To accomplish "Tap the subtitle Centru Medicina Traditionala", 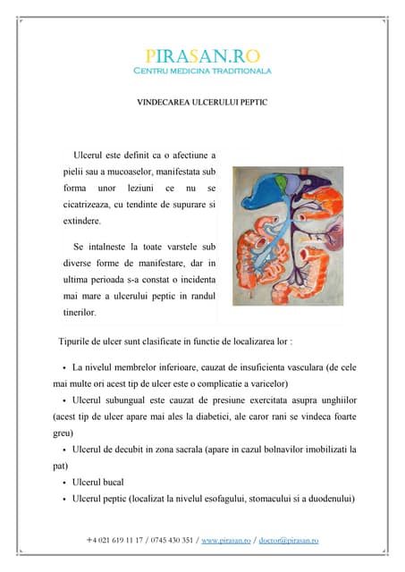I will click(202, 70).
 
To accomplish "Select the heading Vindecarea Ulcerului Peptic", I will click(202, 103).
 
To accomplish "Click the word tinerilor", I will click(86, 313).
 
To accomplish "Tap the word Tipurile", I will click(77, 342).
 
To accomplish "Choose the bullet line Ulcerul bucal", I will click(97, 482).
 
